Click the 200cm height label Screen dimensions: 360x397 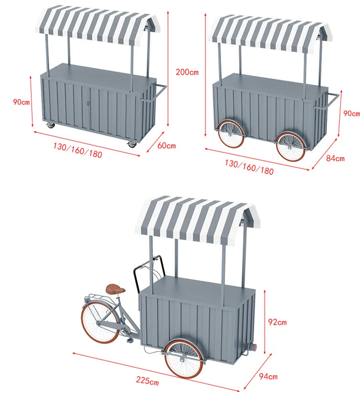coord(188,72)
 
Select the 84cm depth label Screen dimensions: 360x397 coord(335,158)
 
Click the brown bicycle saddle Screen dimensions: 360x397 coord(115,289)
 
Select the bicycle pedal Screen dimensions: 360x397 coord(130,341)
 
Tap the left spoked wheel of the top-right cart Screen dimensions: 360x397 coord(230,134)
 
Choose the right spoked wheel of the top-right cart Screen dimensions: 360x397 coord(291,146)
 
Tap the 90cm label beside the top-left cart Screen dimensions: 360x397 coord(21,102)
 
